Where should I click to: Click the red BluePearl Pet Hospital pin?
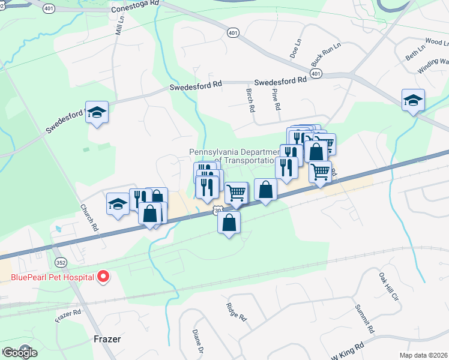point(103,277)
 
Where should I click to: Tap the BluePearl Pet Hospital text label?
point(53,277)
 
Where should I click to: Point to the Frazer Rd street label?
point(68,316)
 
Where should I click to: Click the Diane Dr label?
point(197,343)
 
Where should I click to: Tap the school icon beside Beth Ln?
point(413,100)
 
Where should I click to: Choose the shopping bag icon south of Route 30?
point(229,223)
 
